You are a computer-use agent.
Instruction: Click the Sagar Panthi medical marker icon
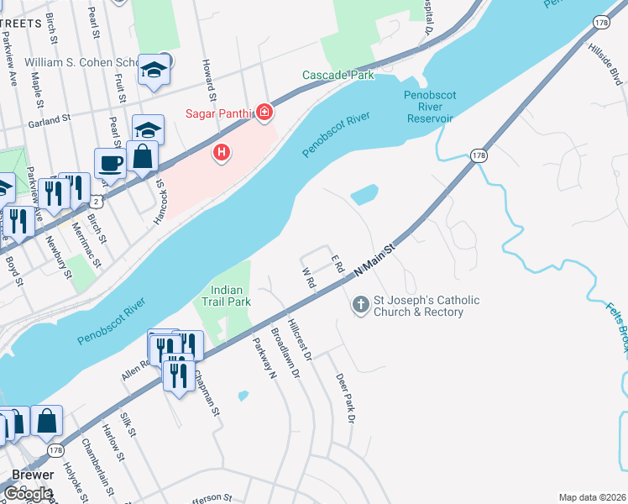coord(264,112)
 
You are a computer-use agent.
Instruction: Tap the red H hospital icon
coord(222,152)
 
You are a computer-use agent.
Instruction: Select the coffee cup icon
coord(110,162)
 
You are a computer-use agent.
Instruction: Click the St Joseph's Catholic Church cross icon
coord(361,305)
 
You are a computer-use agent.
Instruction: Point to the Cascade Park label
coord(338,76)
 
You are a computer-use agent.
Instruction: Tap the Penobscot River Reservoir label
coord(428,107)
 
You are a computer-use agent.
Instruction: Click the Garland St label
coord(47,123)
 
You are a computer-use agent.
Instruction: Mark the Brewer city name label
coord(33,475)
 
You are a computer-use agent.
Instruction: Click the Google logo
coord(28,493)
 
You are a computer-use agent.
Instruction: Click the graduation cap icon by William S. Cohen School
coord(154,71)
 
